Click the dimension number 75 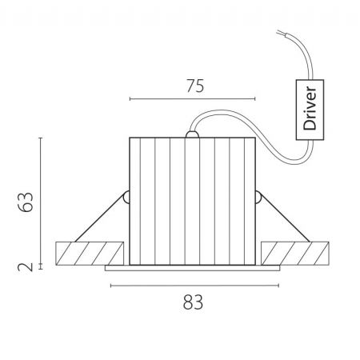(x=195, y=86)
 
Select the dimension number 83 (x=193, y=302)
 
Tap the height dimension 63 (x=26, y=202)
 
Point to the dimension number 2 (x=26, y=267)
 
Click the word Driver (x=310, y=108)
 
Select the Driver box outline (x=310, y=80)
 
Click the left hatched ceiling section (x=90, y=254)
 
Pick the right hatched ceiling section (x=295, y=254)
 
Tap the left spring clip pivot (x=126, y=198)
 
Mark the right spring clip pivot (x=258, y=198)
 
